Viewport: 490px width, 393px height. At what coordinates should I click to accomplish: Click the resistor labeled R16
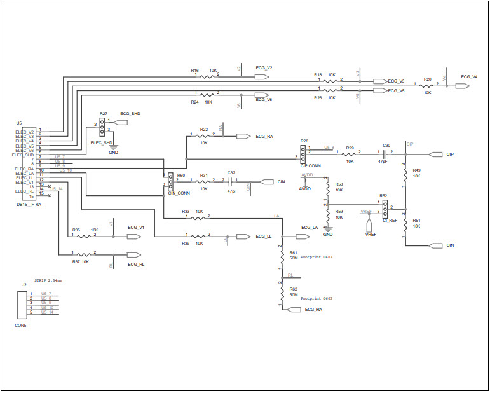click(209, 76)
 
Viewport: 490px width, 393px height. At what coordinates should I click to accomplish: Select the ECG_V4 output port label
click(469, 76)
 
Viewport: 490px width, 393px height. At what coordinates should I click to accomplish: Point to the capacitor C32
click(230, 181)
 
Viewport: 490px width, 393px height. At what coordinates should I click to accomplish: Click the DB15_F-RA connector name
click(29, 204)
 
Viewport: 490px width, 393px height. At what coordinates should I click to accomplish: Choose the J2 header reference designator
click(25, 285)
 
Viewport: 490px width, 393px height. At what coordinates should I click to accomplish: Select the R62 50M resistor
click(282, 293)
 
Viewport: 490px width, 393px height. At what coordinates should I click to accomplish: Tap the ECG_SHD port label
click(130, 114)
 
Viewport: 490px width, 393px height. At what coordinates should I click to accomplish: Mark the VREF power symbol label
click(371, 234)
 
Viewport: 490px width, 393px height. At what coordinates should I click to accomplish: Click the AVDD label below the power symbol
click(305, 188)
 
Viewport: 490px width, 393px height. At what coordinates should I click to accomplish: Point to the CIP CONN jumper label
click(310, 165)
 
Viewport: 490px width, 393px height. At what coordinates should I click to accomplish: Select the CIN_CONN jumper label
click(179, 193)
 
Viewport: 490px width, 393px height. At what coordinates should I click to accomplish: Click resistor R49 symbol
click(404, 173)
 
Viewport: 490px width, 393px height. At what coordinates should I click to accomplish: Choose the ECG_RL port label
click(136, 263)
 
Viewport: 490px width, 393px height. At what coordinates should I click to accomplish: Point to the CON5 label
click(20, 325)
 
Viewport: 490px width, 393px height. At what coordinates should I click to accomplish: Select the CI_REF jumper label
click(390, 220)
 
